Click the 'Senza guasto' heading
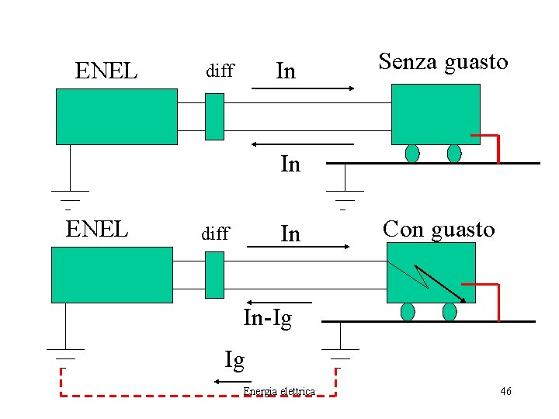[x=443, y=62]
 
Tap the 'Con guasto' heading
[x=439, y=230]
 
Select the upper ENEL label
[x=106, y=71]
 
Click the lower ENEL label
[x=97, y=230]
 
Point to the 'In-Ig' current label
[x=268, y=318]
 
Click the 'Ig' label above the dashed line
[x=234, y=360]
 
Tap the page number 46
[x=505, y=391]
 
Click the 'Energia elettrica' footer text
[x=279, y=391]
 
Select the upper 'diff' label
[x=219, y=71]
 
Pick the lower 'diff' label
[x=215, y=234]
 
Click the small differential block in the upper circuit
[x=214, y=116]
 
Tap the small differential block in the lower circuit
[x=214, y=275]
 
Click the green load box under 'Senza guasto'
[x=436, y=114]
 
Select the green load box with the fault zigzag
[x=430, y=272]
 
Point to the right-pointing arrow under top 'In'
[x=303, y=88]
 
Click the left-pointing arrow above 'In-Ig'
[x=279, y=302]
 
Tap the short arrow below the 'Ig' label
[x=227, y=382]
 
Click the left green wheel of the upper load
[x=412, y=153]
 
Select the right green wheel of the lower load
[x=449, y=312]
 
